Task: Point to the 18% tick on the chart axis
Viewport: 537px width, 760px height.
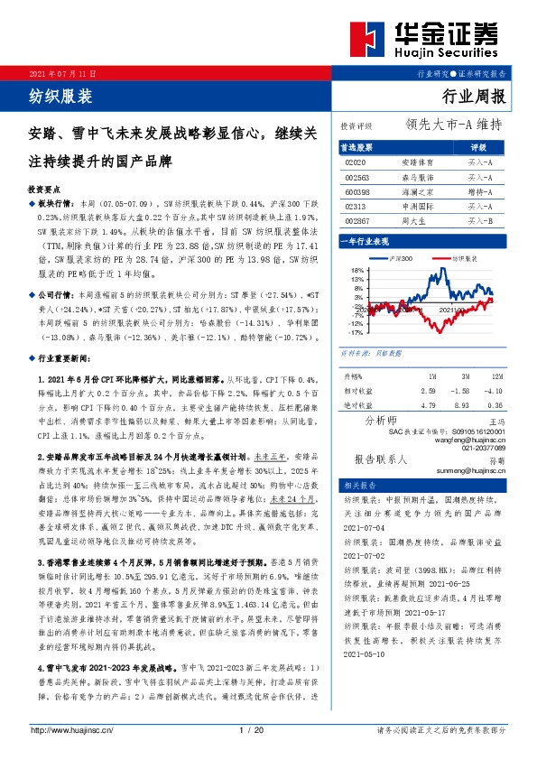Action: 356,269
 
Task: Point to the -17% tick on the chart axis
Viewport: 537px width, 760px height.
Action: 356,332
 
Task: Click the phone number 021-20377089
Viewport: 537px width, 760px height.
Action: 483,448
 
